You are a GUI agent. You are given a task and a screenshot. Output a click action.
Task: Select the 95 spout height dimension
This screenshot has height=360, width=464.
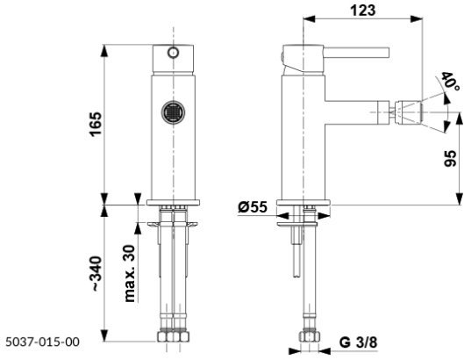(x=448, y=159)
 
